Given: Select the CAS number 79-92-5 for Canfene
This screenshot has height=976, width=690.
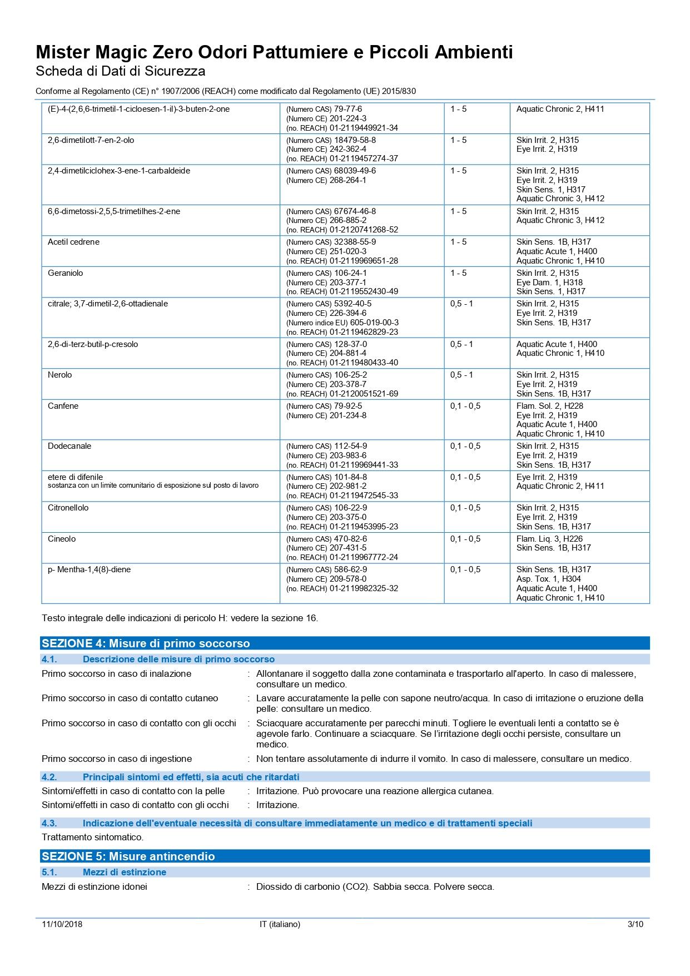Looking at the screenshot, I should tap(348, 406).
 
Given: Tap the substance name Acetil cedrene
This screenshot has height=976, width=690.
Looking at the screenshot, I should tap(73, 242).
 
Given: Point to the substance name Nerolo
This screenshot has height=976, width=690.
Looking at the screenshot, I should tap(60, 375).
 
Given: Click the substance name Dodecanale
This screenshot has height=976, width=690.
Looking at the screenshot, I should tap(70, 446).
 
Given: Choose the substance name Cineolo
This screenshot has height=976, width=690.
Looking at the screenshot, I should tap(62, 539).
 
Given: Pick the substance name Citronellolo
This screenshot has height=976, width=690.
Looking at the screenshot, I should tap(68, 508).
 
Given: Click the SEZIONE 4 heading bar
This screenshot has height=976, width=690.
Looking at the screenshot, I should tap(345, 643).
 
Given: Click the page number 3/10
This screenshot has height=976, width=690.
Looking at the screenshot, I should tap(635, 924).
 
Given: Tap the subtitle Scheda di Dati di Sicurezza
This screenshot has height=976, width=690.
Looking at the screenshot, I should tap(120, 71).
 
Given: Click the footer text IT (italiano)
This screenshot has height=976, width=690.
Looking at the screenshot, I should tap(280, 924).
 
